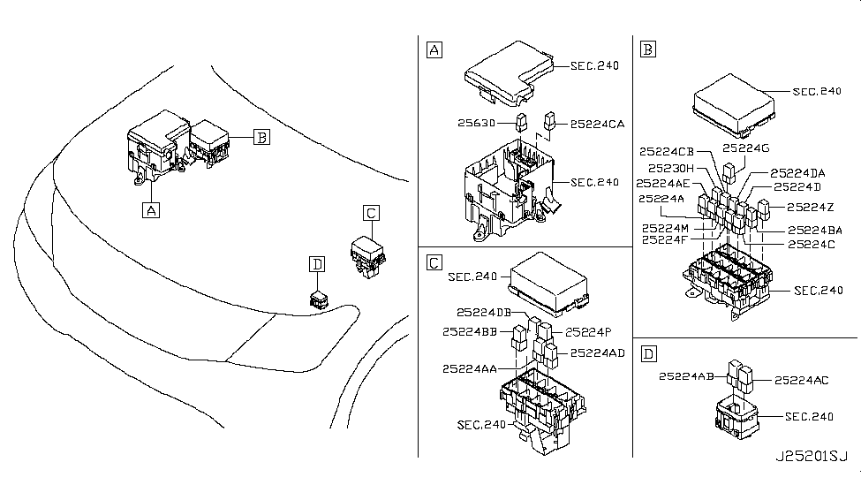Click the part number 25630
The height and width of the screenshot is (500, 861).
coord(476,123)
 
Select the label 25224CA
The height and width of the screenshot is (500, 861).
coord(598,125)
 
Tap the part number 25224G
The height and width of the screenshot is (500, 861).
coord(745,148)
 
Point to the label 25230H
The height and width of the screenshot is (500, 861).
coord(671,168)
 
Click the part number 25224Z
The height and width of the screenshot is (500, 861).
coord(811,207)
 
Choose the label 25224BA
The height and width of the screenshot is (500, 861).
coord(815,231)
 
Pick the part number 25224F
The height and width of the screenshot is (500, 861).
coord(664,239)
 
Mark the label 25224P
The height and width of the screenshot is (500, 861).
coord(588,332)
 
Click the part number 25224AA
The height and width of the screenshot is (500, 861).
coord(470,368)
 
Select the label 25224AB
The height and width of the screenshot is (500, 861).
coord(686,376)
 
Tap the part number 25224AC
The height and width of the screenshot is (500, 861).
coord(802,380)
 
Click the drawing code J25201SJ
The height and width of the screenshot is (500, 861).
coord(812,456)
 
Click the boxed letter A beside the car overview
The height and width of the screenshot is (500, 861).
coord(151,210)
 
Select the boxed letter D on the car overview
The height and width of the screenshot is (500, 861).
coord(317,264)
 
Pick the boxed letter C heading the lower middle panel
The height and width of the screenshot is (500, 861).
coord(434,262)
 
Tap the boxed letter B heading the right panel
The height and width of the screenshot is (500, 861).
coord(648,49)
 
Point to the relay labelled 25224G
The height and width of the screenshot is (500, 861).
coord(729,172)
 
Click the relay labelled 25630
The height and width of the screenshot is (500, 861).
coord(521,122)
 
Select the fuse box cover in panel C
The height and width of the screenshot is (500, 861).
coord(549,284)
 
